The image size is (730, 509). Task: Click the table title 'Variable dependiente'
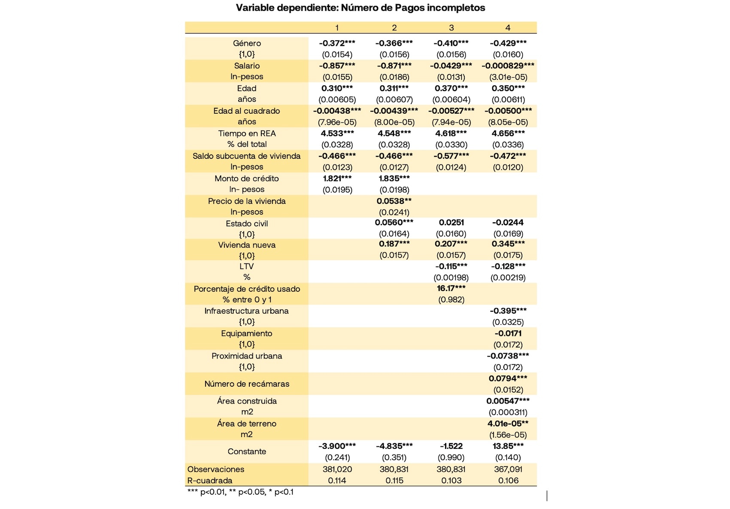(360, 8)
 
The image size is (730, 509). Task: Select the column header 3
(451, 28)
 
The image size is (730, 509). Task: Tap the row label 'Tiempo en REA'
(247, 133)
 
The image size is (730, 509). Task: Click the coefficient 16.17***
(451, 288)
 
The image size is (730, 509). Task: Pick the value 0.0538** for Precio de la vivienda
(394, 201)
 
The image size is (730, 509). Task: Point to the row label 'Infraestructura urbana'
(246, 311)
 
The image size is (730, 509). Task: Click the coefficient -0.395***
(508, 311)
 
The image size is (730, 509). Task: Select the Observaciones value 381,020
(337, 469)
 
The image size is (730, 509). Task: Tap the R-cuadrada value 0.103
(451, 481)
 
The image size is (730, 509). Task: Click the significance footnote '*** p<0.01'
(206, 492)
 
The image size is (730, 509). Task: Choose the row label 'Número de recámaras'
(247, 384)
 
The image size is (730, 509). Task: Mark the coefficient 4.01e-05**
(508, 424)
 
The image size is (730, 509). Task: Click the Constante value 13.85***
(508, 446)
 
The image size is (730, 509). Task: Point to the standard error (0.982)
(451, 300)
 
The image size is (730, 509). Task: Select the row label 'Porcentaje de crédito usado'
(247, 289)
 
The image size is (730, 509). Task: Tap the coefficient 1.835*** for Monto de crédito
(394, 178)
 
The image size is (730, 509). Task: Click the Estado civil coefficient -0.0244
(508, 222)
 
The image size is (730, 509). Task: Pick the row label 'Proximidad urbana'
(247, 356)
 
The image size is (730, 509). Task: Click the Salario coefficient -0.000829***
(508, 66)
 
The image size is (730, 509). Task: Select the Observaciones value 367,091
(508, 469)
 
